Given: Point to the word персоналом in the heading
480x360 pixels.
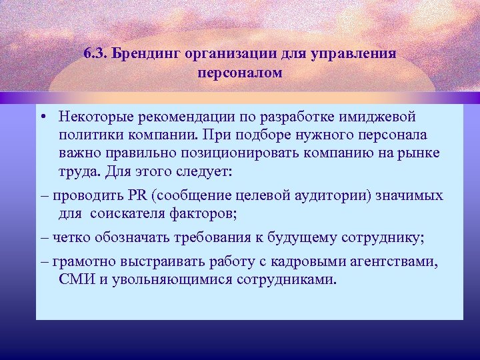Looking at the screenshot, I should click(239, 72).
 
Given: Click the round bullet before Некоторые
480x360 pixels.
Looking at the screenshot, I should click(42, 118).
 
